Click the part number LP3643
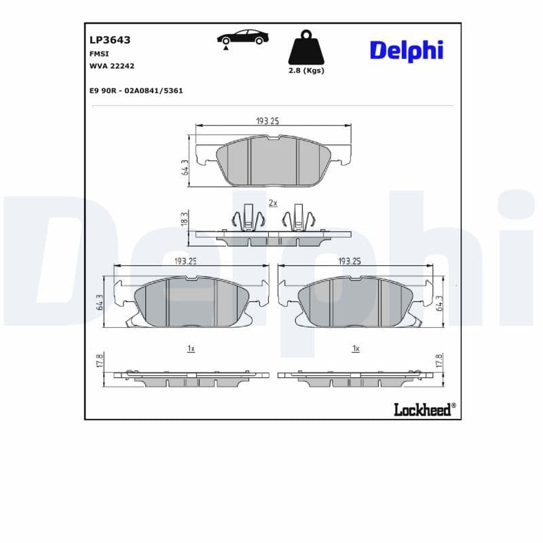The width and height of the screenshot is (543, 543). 110,40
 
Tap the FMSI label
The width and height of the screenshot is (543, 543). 99,54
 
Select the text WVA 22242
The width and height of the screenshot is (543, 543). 112,66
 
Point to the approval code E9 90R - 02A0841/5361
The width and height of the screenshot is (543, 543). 136,90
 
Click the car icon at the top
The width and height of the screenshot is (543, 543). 242,38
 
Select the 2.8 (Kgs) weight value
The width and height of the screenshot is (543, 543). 305,71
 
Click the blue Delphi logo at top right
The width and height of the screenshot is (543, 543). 406,50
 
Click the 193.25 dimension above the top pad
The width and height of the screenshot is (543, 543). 267,121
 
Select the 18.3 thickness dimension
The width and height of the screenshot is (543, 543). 184,218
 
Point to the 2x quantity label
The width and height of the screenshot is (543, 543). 273,203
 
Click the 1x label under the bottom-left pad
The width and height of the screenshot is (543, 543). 191,348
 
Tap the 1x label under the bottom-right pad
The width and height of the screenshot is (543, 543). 355,348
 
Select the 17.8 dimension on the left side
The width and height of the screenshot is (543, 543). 100,361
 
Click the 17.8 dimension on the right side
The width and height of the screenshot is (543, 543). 438,361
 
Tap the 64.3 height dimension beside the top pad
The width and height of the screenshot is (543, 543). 184,167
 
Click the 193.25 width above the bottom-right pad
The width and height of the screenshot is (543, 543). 349,261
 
